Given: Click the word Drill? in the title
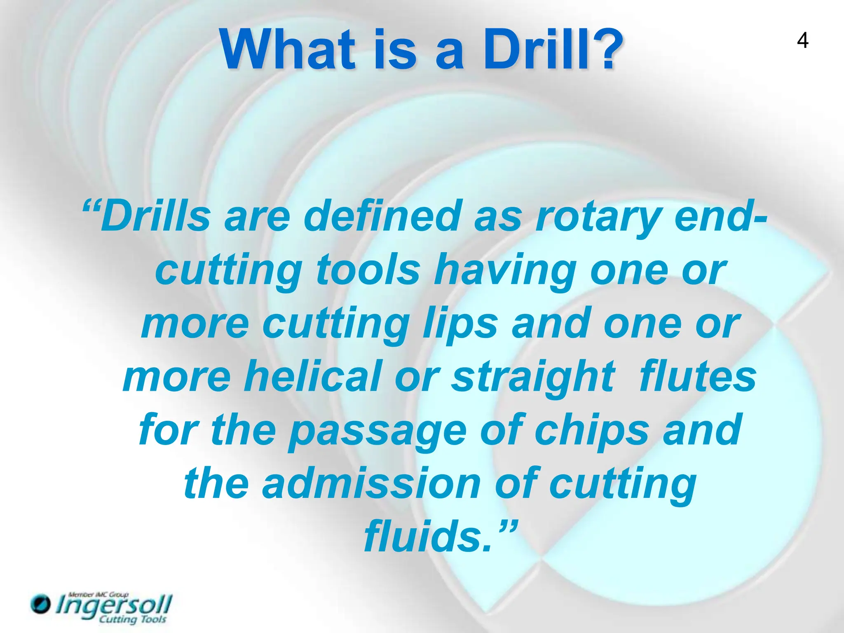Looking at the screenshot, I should pyautogui.click(x=552, y=50).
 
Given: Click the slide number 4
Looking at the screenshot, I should pyautogui.click(x=802, y=41).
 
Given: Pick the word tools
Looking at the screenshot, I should pyautogui.click(x=368, y=270).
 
